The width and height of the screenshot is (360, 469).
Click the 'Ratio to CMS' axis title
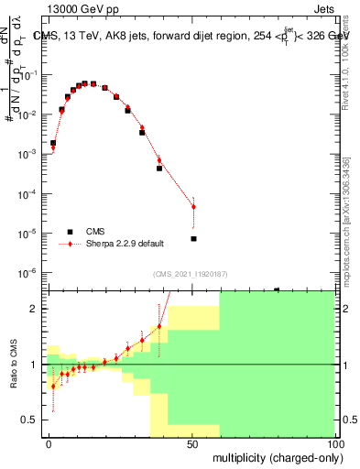pyautogui.click(x=16, y=365)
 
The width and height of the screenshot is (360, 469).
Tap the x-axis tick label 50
pyautogui.click(x=192, y=444)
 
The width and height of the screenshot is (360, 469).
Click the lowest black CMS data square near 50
pyautogui.click(x=193, y=239)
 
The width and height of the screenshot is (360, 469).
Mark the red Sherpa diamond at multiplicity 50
pyautogui.click(x=193, y=207)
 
